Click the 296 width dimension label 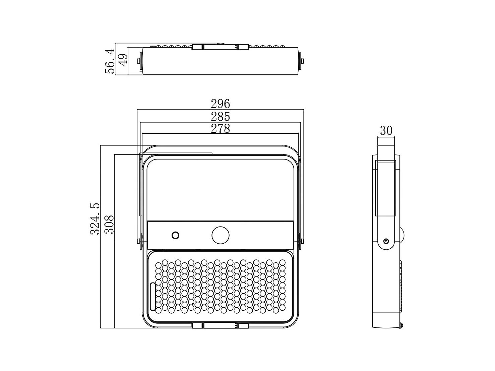(220, 104)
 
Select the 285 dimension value (220, 117)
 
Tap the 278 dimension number (220, 128)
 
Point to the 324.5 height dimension (95, 219)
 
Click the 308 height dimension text (109, 225)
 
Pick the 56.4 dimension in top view (110, 61)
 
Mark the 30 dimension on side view (386, 131)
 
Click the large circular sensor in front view (221, 235)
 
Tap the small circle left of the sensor (175, 235)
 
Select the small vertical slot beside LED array (153, 296)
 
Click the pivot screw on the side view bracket (386, 241)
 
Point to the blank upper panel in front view (221, 189)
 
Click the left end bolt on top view (138, 61)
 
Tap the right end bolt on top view (303, 61)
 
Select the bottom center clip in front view (220, 325)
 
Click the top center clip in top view (220, 47)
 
